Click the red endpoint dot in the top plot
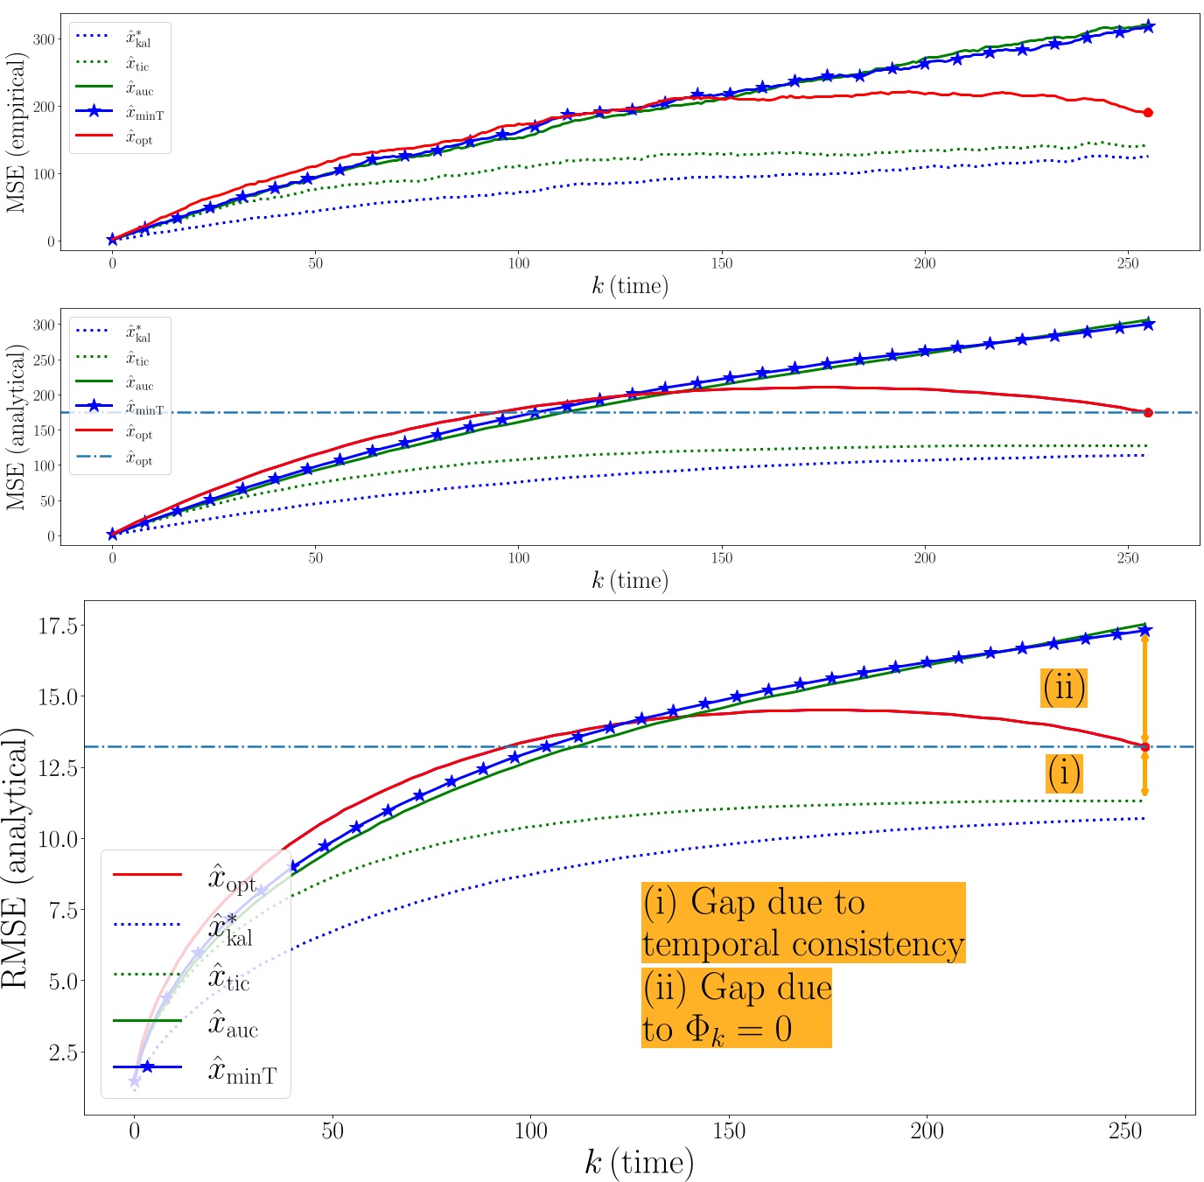click(x=1148, y=112)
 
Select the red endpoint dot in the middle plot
click(x=1148, y=412)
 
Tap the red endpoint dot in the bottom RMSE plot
click(x=1144, y=746)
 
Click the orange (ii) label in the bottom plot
click(x=1064, y=688)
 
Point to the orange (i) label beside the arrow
click(x=1064, y=773)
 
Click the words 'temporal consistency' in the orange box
click(x=802, y=944)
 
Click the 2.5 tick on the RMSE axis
click(x=62, y=1053)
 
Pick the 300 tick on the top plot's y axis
click(x=44, y=38)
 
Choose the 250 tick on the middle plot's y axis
click(x=44, y=360)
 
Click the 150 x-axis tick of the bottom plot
click(x=728, y=1131)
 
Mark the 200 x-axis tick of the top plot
click(x=924, y=262)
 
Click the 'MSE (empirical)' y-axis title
click(x=17, y=132)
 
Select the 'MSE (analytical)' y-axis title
click(x=17, y=427)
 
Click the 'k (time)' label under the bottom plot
click(x=639, y=1163)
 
